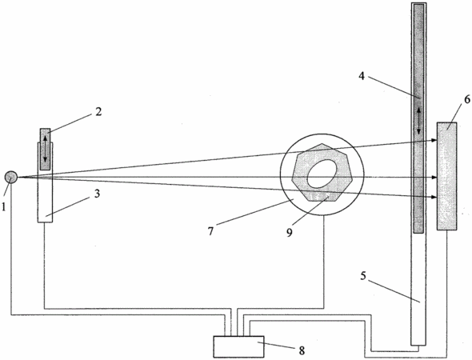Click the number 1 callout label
coord(4,206)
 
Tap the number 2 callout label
coord(98,112)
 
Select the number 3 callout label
coord(97,194)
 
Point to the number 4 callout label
coord(362,76)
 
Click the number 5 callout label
coord(363,276)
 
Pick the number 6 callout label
coord(467,99)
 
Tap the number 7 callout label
coord(210,231)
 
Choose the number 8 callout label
coord(302,350)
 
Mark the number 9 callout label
coord(290,232)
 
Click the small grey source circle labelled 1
coord(11,177)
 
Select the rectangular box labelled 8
coord(238,346)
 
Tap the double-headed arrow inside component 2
coord(45,149)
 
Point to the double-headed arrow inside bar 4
coord(418,121)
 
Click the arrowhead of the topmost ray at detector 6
coord(434,140)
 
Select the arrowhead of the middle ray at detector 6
coord(434,178)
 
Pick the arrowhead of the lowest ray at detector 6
coord(434,197)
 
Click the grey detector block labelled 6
coord(447,176)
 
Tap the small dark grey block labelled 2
coord(45,150)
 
